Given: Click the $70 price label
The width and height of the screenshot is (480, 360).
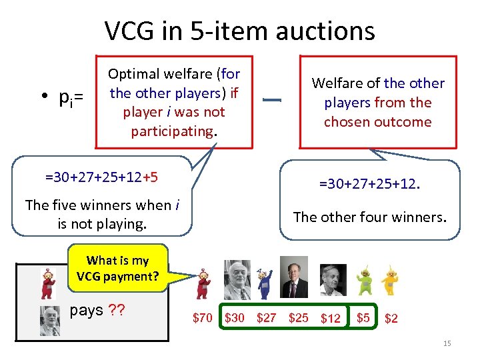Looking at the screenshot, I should tap(202, 318).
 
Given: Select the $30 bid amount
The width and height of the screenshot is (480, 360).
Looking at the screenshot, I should tap(235, 318).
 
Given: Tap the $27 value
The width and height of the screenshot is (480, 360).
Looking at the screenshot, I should tap(266, 318).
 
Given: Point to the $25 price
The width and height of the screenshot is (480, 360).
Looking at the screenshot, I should tap(298, 318).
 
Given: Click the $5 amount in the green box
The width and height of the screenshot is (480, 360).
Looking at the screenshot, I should tap(363, 317).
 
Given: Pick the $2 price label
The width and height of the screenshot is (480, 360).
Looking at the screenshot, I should tap(391, 319).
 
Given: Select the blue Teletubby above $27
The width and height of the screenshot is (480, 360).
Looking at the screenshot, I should tap(265, 281).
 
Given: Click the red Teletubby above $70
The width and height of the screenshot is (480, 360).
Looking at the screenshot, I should tap(203, 284).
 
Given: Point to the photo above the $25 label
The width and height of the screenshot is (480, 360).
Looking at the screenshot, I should tap(294, 277).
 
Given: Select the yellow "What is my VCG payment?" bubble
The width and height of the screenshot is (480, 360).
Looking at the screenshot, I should tap(117, 268).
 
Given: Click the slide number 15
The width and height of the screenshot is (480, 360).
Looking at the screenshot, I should tap(447, 343).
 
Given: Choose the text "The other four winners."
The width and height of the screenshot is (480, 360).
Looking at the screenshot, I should tap(370, 217).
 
